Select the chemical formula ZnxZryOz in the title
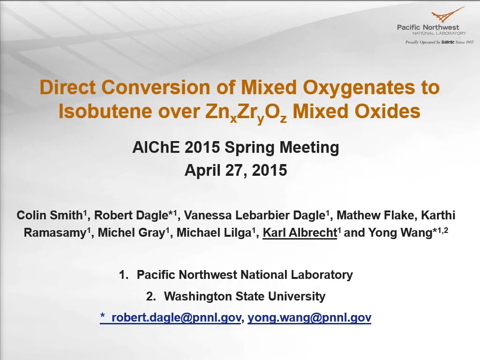click(x=246, y=112)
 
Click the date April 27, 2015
click(x=236, y=170)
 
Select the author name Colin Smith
click(x=50, y=215)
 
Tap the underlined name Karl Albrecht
click(x=300, y=233)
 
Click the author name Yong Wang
click(x=400, y=232)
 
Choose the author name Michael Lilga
click(x=214, y=233)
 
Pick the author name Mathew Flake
click(x=375, y=215)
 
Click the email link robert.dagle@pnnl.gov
click(x=176, y=317)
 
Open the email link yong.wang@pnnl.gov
click(x=309, y=317)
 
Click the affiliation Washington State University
click(x=245, y=296)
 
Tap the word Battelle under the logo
click(x=448, y=42)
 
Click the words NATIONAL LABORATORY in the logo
click(x=439, y=33)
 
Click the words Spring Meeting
click(x=282, y=148)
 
